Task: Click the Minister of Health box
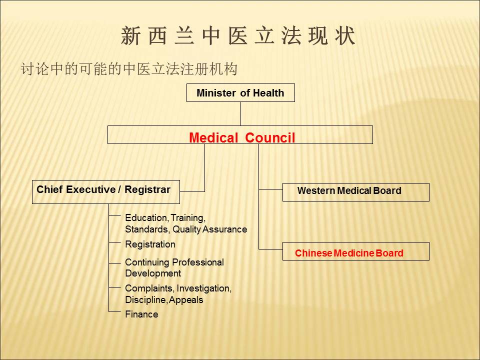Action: (x=240, y=93)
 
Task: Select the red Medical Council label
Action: (x=242, y=138)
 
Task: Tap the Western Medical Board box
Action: (x=355, y=192)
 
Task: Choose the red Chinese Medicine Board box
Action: (x=355, y=251)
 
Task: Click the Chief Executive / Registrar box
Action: (x=106, y=192)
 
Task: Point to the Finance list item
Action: (x=141, y=314)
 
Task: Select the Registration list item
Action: (x=150, y=244)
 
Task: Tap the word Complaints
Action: (x=149, y=288)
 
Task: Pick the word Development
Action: (x=153, y=273)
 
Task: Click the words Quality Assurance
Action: (x=209, y=229)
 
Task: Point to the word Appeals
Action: (x=186, y=300)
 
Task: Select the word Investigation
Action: (x=204, y=288)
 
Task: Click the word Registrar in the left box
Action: (x=147, y=189)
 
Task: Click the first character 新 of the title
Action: (x=130, y=36)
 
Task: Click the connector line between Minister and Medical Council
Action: (x=240, y=114)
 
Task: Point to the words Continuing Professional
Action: (x=174, y=262)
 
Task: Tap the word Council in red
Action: (x=270, y=138)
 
